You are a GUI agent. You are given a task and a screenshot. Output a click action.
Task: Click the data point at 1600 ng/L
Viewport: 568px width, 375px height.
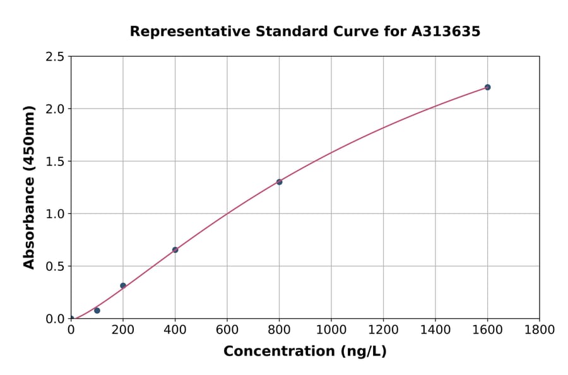click(x=487, y=87)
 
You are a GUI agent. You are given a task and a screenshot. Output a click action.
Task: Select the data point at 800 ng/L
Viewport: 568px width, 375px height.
click(x=279, y=182)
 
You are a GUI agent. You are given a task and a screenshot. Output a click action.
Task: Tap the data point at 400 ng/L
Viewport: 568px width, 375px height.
click(x=175, y=250)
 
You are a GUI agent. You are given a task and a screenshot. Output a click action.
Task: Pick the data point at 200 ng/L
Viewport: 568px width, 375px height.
click(x=123, y=285)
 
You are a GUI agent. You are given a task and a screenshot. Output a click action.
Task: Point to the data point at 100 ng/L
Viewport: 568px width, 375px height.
click(x=97, y=311)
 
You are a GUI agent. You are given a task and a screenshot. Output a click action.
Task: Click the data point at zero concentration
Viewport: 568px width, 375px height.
click(x=71, y=319)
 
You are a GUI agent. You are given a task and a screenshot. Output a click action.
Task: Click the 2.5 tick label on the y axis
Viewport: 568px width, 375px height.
click(x=56, y=57)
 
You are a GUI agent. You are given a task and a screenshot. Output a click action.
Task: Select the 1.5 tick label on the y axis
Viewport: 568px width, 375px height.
click(x=56, y=162)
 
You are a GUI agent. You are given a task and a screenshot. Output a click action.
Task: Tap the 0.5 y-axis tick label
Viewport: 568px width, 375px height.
click(x=56, y=266)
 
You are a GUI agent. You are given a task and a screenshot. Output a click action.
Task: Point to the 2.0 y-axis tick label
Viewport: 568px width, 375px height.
click(x=56, y=109)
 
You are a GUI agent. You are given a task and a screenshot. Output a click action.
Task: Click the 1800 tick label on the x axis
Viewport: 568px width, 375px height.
click(x=539, y=330)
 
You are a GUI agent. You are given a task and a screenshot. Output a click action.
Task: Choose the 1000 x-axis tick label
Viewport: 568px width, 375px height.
click(x=331, y=330)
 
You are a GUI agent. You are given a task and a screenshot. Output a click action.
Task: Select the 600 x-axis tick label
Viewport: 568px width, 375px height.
click(x=227, y=330)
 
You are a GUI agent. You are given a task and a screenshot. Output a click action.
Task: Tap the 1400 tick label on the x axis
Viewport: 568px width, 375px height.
click(x=435, y=330)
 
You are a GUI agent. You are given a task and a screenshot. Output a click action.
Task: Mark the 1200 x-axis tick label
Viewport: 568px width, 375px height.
click(x=383, y=330)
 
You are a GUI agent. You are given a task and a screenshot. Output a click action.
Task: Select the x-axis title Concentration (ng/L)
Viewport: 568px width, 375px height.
click(x=305, y=352)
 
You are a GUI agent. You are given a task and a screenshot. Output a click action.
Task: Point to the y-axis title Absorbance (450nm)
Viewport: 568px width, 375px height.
click(x=29, y=187)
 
